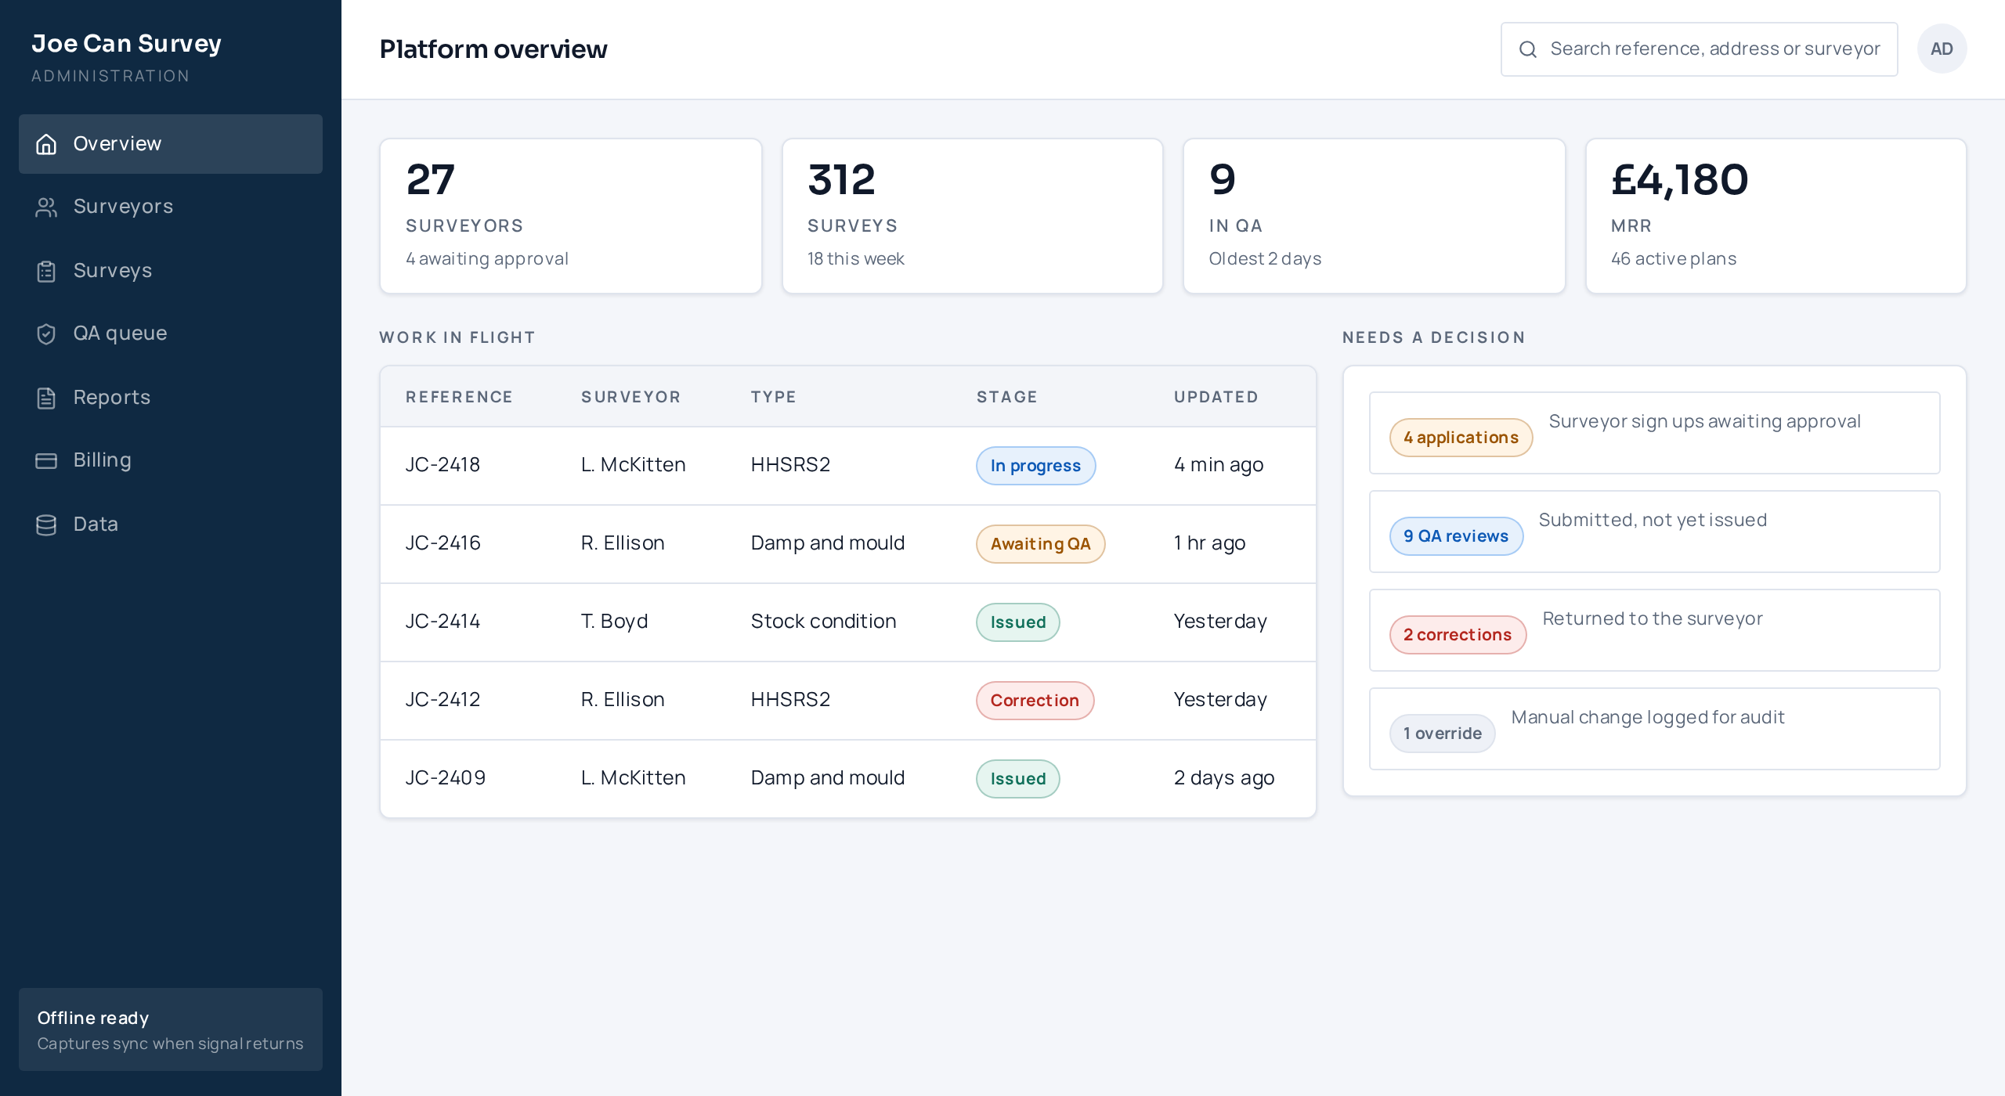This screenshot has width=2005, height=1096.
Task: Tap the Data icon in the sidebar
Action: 46,525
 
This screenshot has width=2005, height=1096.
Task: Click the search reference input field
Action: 1699,49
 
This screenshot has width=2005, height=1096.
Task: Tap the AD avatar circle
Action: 1942,49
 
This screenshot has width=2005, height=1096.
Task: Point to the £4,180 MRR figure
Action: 1679,179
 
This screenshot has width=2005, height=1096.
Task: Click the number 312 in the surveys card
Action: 841,179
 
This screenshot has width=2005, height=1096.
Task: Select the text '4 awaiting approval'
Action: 486,259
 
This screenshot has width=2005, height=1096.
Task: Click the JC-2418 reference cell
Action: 443,465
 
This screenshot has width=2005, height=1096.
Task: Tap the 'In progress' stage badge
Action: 1035,466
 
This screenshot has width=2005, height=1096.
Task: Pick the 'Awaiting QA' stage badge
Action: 1040,544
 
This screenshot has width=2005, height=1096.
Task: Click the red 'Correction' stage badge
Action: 1035,701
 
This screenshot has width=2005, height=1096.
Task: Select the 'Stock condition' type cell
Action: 823,622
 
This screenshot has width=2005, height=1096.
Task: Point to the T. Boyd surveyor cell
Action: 614,622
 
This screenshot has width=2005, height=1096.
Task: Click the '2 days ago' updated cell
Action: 1223,778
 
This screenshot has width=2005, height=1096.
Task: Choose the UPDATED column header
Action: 1216,397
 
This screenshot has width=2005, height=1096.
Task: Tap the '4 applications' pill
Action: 1461,438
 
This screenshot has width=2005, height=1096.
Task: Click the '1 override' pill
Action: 1442,734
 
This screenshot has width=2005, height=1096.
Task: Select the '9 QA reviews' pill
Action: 1456,536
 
